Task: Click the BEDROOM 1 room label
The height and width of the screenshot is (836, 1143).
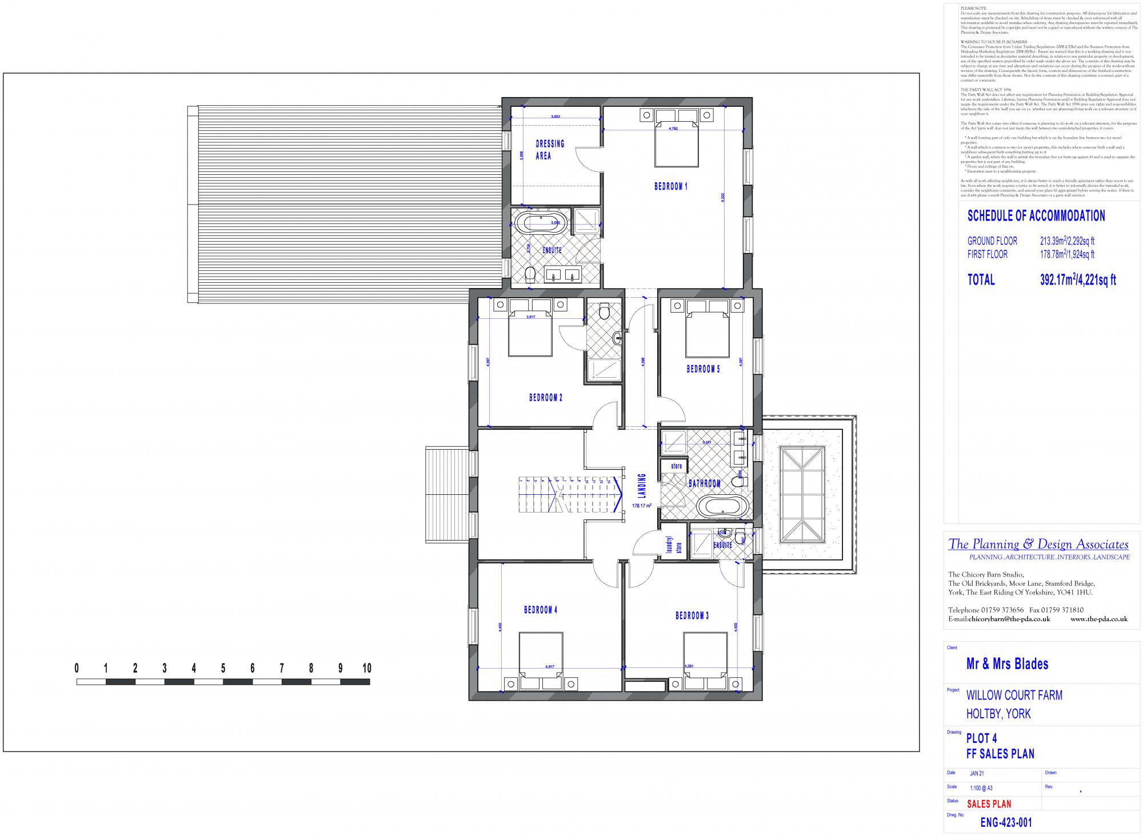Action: (670, 186)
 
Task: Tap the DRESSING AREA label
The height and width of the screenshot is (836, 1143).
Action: (549, 149)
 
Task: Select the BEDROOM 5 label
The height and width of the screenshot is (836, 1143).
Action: (703, 369)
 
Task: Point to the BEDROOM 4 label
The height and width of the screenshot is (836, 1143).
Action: (540, 610)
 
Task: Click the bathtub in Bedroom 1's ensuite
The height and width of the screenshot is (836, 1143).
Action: (539, 222)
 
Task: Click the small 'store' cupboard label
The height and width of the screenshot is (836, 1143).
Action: (677, 466)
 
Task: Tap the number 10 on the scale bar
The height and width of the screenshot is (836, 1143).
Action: (366, 668)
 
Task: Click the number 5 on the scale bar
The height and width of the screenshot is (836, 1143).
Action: (223, 668)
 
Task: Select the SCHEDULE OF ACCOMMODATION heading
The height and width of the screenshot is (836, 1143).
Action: (1036, 216)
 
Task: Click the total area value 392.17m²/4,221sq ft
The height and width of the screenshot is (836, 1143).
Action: (1077, 280)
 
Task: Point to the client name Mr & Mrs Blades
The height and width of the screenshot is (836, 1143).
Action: (1007, 664)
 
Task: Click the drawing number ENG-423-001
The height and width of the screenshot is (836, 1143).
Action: (1006, 823)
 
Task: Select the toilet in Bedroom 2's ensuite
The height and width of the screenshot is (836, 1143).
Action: (605, 313)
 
